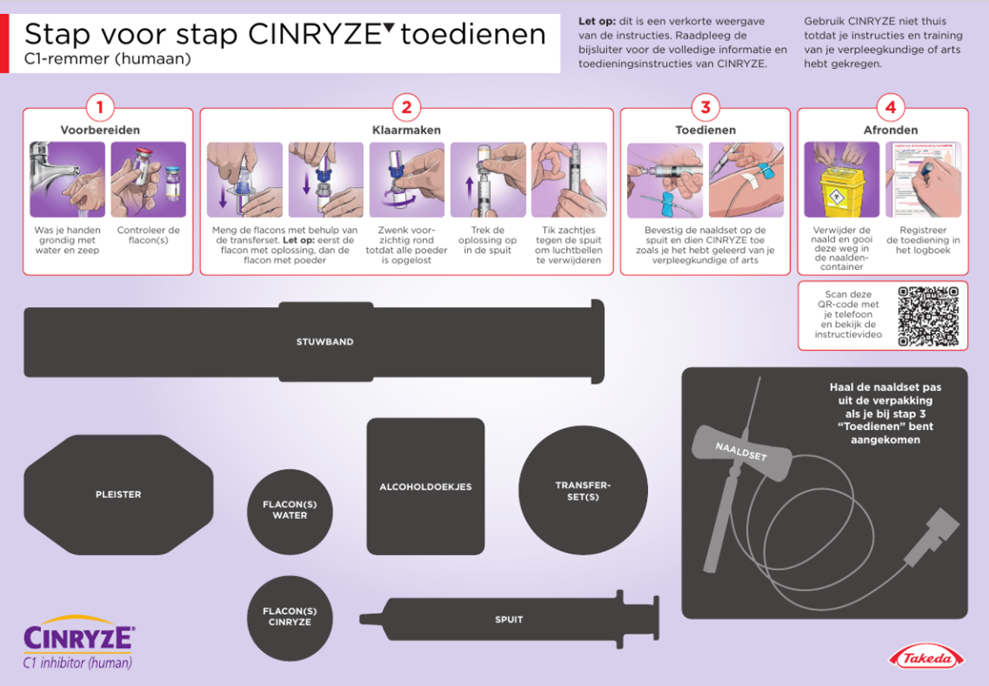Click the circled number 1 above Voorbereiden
pyautogui.click(x=100, y=108)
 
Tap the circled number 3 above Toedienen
pyautogui.click(x=705, y=108)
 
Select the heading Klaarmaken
pyautogui.click(x=406, y=130)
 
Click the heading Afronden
pyautogui.click(x=891, y=130)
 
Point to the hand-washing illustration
pyautogui.click(x=67, y=179)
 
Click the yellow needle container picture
pyautogui.click(x=841, y=179)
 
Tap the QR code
pyautogui.click(x=928, y=316)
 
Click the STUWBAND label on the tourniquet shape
pyautogui.click(x=325, y=342)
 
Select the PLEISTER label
pyautogui.click(x=118, y=494)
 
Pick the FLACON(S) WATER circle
pyautogui.click(x=290, y=511)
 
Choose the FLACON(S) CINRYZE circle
pyautogui.click(x=290, y=618)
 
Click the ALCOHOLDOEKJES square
pyautogui.click(x=425, y=486)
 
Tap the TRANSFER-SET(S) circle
pyautogui.click(x=583, y=490)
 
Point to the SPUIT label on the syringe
pyautogui.click(x=509, y=619)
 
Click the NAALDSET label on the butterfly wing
pyautogui.click(x=741, y=452)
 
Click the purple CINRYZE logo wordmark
pyautogui.click(x=79, y=637)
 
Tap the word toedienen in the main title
pyautogui.click(x=473, y=35)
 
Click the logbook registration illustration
pyautogui.click(x=923, y=179)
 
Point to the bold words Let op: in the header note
pyautogui.click(x=597, y=21)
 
